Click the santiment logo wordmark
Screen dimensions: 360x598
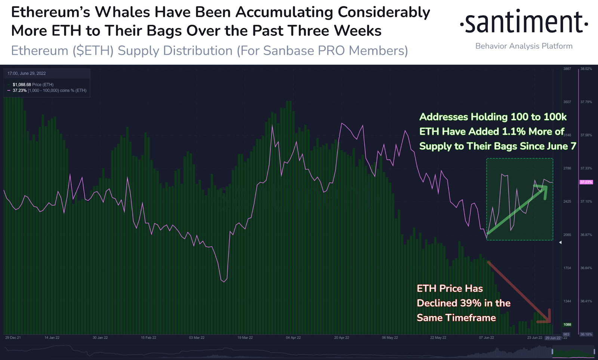(x=524, y=22)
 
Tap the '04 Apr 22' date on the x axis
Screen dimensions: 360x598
(x=293, y=338)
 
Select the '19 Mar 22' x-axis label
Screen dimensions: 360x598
(x=245, y=338)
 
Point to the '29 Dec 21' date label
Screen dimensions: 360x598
(x=13, y=338)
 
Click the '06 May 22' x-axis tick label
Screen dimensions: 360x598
(x=390, y=338)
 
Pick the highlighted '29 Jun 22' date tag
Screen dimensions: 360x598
(x=553, y=338)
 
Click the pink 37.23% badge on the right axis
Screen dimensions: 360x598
(x=586, y=182)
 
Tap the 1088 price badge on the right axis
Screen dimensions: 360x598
(x=567, y=325)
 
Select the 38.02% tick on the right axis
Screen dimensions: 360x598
(x=586, y=69)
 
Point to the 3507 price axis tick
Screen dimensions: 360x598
(x=567, y=102)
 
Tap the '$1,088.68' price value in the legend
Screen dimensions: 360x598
(x=22, y=85)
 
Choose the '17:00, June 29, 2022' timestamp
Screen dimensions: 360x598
(x=27, y=74)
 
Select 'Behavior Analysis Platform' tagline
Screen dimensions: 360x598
(x=524, y=46)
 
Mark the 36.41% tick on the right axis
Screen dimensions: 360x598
(x=586, y=301)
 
